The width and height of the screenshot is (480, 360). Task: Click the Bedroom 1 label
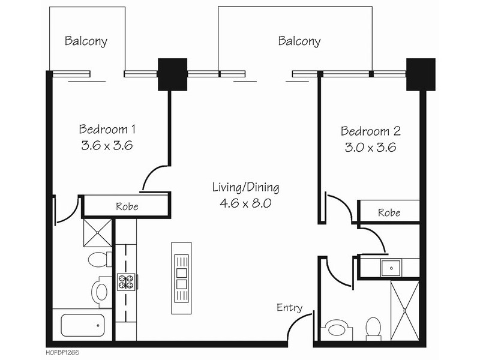107,129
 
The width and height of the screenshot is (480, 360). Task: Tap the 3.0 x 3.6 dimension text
370,148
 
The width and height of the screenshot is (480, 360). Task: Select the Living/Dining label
245,187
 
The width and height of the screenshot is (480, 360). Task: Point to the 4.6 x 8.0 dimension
245,203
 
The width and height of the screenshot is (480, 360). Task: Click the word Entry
289,308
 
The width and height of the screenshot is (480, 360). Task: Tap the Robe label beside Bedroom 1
127,206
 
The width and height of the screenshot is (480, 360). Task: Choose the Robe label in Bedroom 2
389,212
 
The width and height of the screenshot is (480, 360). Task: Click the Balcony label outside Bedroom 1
86,41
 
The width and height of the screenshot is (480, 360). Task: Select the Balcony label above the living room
299,41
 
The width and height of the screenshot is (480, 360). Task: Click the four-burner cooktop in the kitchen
126,282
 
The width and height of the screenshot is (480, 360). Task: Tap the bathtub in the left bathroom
83,325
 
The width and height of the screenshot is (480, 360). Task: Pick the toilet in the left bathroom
100,259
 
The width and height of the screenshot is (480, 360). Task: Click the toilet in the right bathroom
373,328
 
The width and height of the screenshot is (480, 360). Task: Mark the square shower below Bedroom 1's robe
98,233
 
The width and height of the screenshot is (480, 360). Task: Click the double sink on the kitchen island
181,278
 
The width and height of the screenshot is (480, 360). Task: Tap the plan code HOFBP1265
62,353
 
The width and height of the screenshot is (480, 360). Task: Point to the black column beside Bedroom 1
172,74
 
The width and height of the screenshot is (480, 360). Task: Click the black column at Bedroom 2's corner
421,74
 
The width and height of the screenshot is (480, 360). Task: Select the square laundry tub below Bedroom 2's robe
391,268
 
